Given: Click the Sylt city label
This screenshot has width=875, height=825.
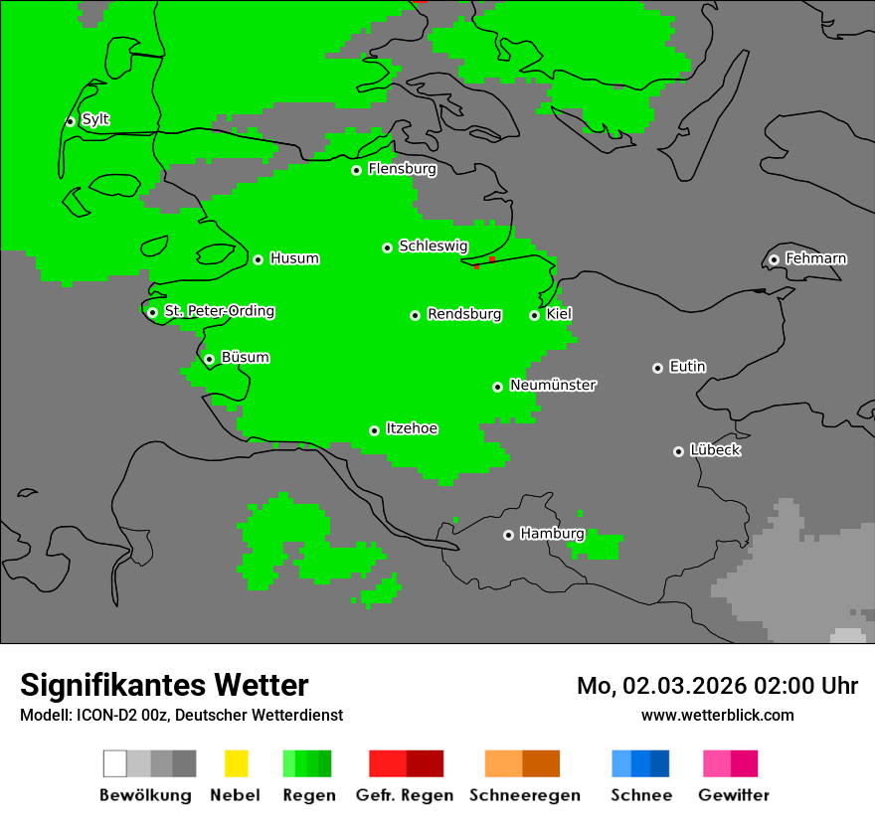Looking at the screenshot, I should coord(95,119).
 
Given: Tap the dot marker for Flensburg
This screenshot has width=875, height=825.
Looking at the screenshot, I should coord(356,170).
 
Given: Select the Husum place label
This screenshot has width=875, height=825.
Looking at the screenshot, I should coord(294,258).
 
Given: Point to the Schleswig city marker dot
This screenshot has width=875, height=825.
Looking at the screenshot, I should coord(387,247).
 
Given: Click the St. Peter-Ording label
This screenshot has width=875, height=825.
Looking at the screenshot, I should coord(219,311).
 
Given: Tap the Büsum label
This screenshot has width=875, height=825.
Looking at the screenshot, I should coord(245,357).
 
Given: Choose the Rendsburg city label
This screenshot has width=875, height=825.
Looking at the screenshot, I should coord(464,314).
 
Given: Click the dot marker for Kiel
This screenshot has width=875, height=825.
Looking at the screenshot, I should coord(534,315).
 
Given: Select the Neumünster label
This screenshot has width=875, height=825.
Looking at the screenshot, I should coord(553,385).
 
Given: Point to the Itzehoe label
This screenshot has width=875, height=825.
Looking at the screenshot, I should coord(412,428).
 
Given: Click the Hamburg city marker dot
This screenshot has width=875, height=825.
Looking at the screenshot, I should coord(508,535).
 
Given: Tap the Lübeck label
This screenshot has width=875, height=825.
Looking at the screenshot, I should coord(715,450).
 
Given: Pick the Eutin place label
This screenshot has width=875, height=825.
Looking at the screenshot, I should coord(687,367).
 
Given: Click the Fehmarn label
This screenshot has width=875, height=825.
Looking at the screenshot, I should coord(815,258).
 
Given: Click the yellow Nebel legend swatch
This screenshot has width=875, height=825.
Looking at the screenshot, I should coord(236,763).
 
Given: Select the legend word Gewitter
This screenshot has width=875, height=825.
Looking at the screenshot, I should coord(734,795).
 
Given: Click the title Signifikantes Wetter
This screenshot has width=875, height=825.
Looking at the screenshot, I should coord(164,685).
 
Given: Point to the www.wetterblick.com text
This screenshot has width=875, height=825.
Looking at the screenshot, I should coord(717,715).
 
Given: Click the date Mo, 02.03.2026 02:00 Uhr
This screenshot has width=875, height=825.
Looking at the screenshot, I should coord(717,686).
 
